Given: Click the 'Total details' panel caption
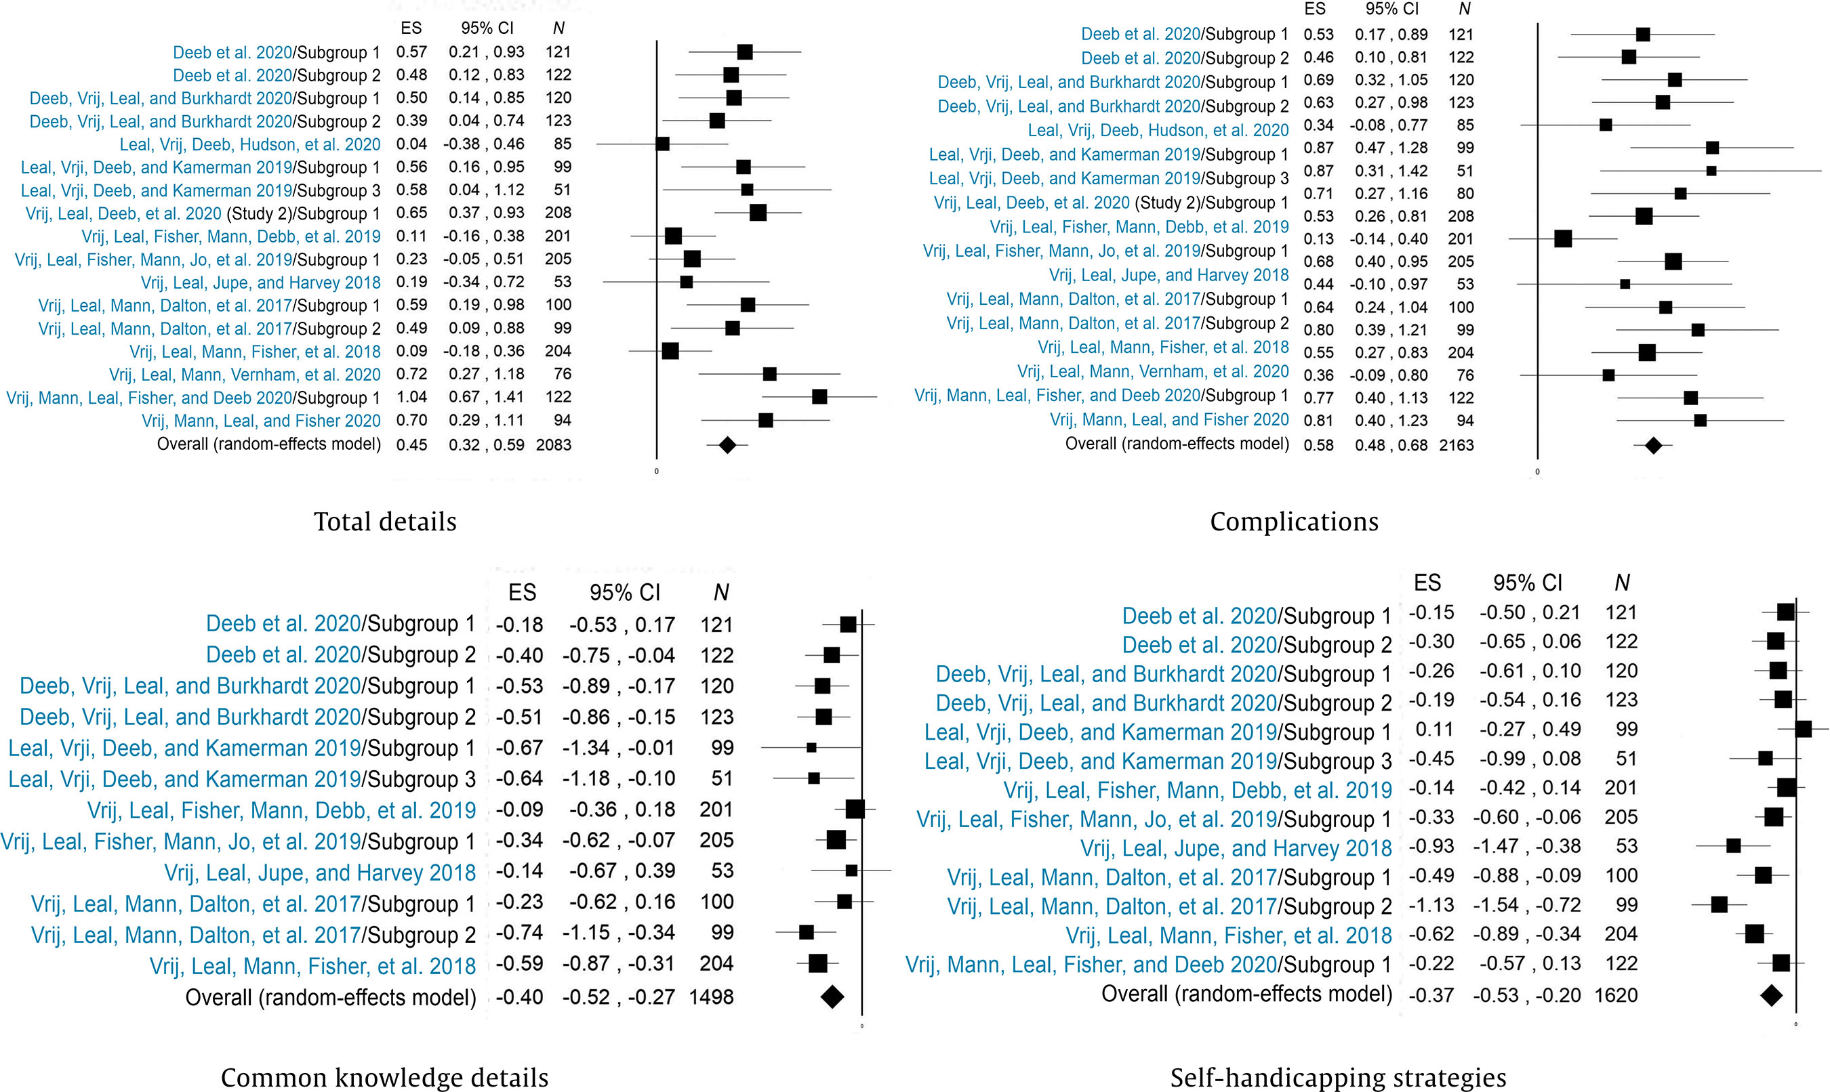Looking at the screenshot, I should (385, 522).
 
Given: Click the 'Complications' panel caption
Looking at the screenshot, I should (1294, 522).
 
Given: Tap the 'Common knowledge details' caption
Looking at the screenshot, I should (384, 1077).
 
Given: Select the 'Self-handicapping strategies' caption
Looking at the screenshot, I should (1338, 1077).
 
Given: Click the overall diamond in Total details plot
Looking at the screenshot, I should (727, 444).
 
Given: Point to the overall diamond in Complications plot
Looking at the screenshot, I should (1653, 445).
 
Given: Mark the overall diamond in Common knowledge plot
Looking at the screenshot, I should (832, 997).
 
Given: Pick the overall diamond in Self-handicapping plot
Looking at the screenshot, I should (1771, 996).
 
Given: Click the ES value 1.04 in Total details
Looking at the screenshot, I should (411, 398).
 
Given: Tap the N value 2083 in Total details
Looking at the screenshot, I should (554, 444).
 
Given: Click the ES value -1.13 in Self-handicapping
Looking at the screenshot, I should (1431, 905).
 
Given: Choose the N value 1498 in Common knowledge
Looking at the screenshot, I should (711, 997).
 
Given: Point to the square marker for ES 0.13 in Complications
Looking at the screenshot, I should (1563, 239).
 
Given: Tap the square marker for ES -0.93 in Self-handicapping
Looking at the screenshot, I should (1734, 846).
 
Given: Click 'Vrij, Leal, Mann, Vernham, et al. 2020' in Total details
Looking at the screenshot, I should (245, 375).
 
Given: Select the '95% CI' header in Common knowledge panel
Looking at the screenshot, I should (624, 592).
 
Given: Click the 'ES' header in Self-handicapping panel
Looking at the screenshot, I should (1427, 583).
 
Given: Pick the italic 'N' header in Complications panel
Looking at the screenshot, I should (1464, 9).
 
